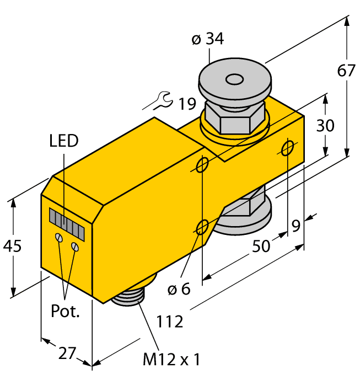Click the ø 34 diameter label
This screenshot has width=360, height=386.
[x=207, y=39]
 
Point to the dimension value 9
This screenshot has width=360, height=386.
[x=296, y=225]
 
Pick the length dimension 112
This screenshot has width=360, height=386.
[x=170, y=321]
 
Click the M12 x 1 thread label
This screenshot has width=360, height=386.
[x=171, y=361]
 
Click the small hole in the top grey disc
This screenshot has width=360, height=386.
[x=235, y=81]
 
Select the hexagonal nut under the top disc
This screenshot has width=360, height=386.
[x=237, y=117]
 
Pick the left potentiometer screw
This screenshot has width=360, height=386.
[x=58, y=238]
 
